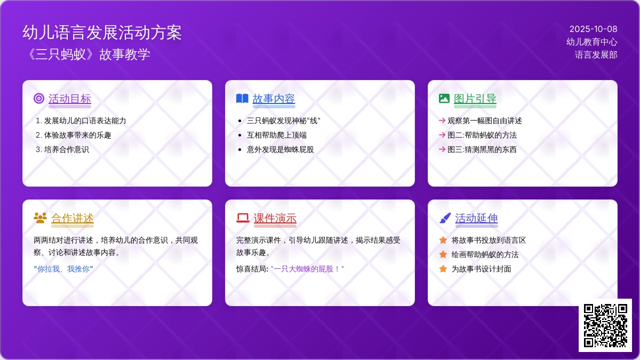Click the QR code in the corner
pos(605,325)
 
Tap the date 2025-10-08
pos(593,29)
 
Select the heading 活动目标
pos(70,99)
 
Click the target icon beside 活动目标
pos(39,98)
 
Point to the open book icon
pos(242,98)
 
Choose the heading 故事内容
pos(274,99)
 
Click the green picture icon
pos(444,98)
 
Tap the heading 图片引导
pos(475,99)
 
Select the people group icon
pos(41,218)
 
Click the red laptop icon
pos(243,218)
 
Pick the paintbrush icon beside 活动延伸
pos(445,218)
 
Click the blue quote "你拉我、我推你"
pos(63,269)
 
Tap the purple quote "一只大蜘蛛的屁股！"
pos(307,269)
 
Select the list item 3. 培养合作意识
pos(62,149)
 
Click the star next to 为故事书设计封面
pos(443,269)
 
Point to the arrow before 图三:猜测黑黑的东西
pos(442,149)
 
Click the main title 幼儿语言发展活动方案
pos(102,32)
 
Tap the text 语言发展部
pos(596,54)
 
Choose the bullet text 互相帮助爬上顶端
pos(277,135)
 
